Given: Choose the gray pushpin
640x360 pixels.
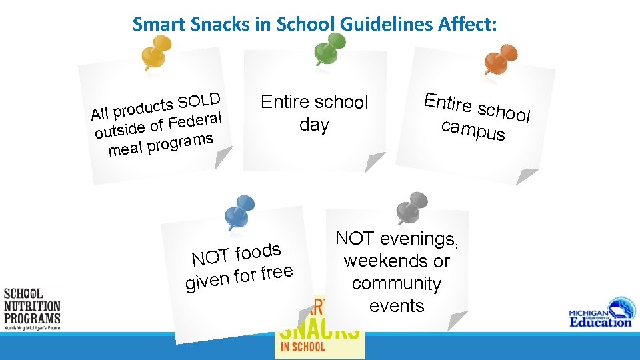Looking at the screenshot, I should click(408, 208).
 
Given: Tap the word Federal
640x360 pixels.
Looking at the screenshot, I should click(195, 121).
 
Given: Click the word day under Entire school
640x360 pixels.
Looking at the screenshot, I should click(314, 125).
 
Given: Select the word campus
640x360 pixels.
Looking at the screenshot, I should click(473, 129).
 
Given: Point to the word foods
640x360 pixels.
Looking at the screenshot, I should click(257, 253).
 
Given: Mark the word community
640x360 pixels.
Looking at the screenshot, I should click(397, 283).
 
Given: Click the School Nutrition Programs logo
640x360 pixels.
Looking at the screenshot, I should click(31, 309).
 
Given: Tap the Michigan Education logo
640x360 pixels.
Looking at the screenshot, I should click(599, 317).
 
